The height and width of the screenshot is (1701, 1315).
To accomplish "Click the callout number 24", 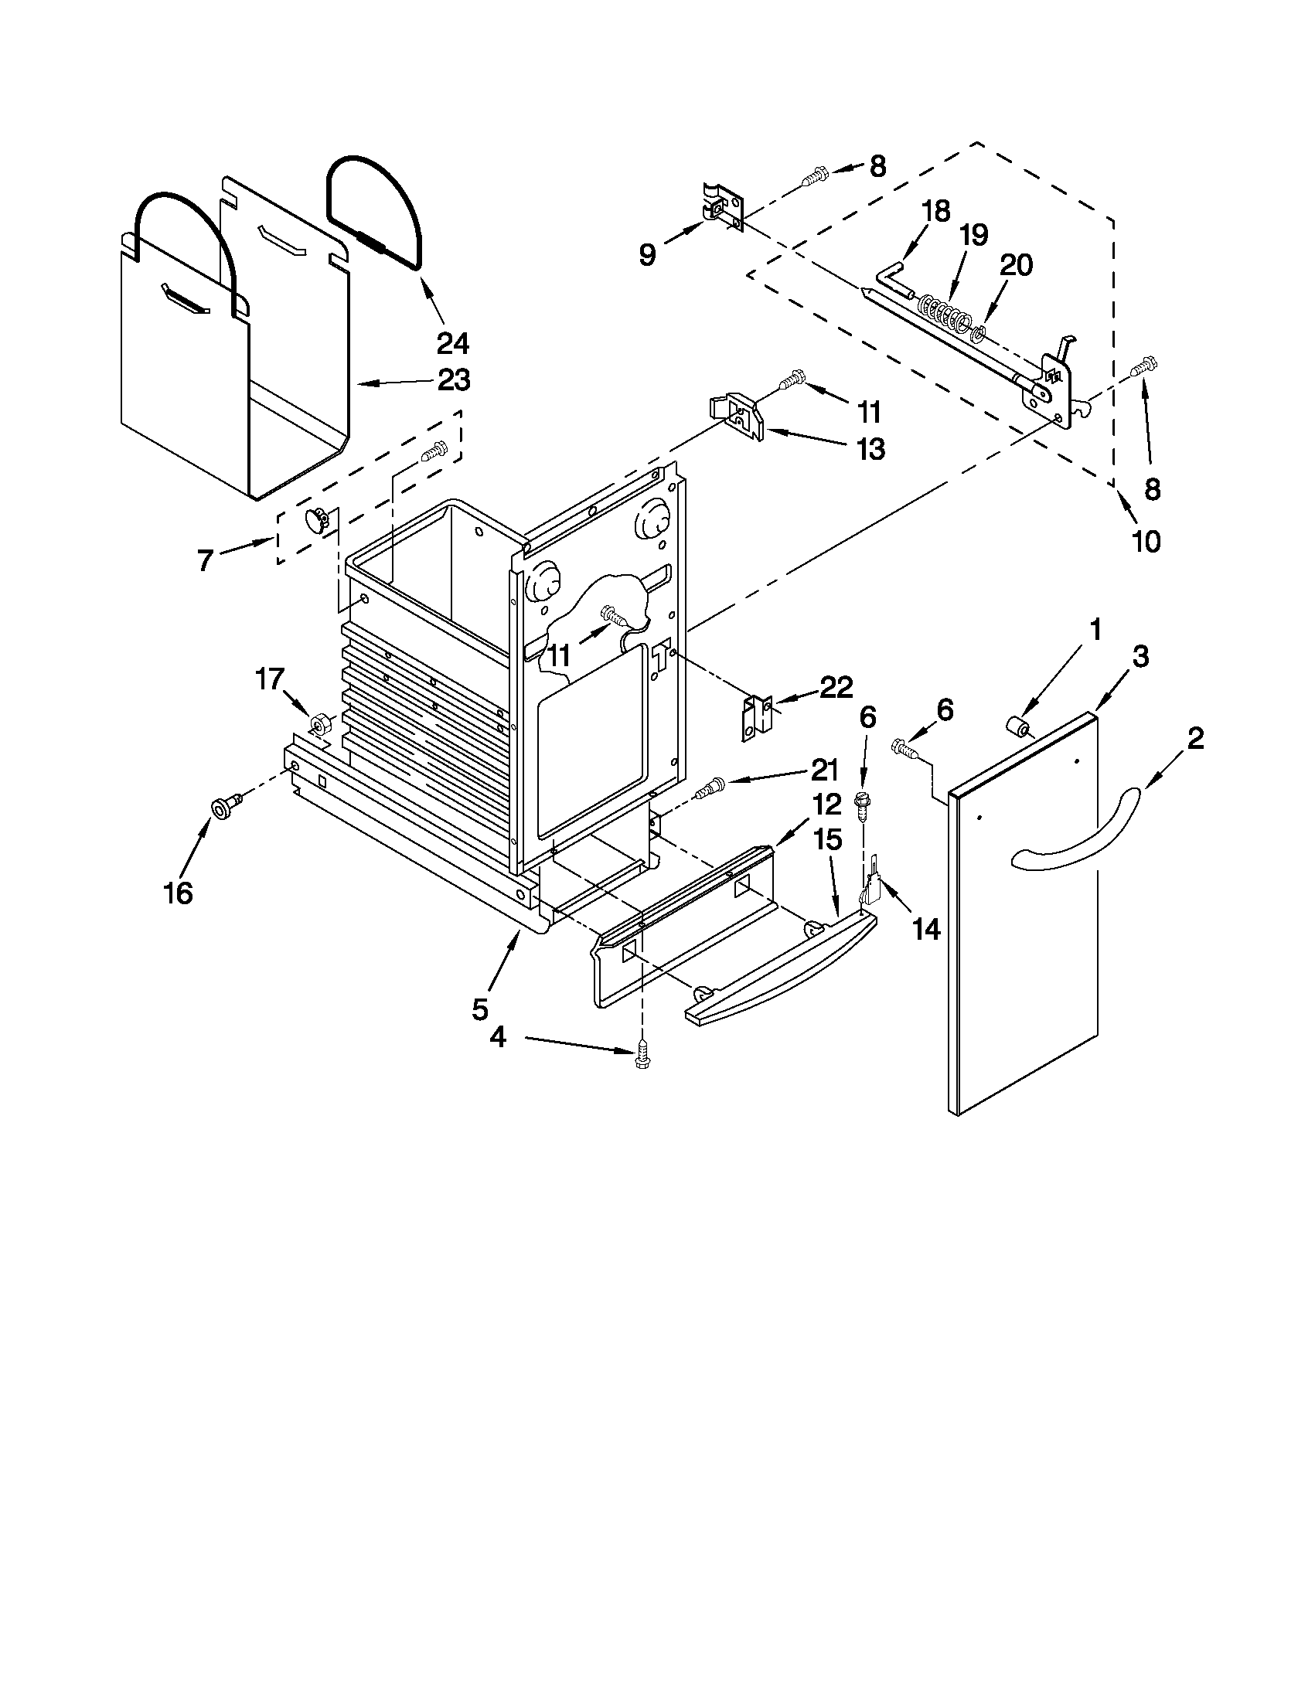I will (x=452, y=342).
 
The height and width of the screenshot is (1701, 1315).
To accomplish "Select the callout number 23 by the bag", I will (x=453, y=380).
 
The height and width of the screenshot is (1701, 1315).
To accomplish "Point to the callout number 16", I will (x=178, y=893).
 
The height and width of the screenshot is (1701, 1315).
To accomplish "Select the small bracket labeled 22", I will (x=755, y=717).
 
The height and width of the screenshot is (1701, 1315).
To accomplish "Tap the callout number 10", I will (x=1146, y=540).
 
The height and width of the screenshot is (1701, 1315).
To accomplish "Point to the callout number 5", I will (x=480, y=1009).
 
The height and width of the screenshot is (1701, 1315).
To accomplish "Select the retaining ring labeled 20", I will (x=979, y=335).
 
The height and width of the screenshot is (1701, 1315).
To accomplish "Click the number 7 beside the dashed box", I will (x=206, y=561).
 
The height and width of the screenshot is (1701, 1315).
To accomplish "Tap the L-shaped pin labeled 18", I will (x=894, y=281).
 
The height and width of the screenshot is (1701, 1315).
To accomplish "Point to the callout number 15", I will (x=827, y=839).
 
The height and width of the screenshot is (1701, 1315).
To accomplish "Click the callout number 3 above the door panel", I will (x=1140, y=657).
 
